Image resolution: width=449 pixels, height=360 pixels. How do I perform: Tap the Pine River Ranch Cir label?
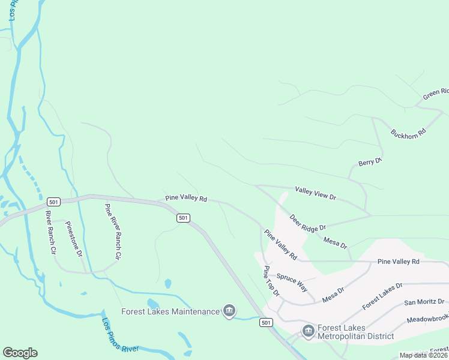coord(112,232)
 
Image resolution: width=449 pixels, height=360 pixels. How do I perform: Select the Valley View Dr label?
coord(316,193)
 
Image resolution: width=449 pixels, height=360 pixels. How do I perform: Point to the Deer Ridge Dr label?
coord(307,223)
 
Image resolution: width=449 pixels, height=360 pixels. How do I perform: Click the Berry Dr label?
coord(370,162)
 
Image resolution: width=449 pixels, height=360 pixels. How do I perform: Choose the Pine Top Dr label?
coord(271,282)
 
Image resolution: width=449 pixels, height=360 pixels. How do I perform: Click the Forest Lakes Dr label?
coord(382,296)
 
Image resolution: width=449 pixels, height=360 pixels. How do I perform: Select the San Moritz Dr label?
coord(424,302)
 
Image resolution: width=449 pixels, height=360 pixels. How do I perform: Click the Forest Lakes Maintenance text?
coord(170,311)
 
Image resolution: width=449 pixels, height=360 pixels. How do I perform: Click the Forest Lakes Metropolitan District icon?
coord(308,331)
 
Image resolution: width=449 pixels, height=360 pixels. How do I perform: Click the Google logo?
coord(20,353)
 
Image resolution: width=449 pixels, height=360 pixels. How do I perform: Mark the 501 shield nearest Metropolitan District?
coord(267,323)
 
